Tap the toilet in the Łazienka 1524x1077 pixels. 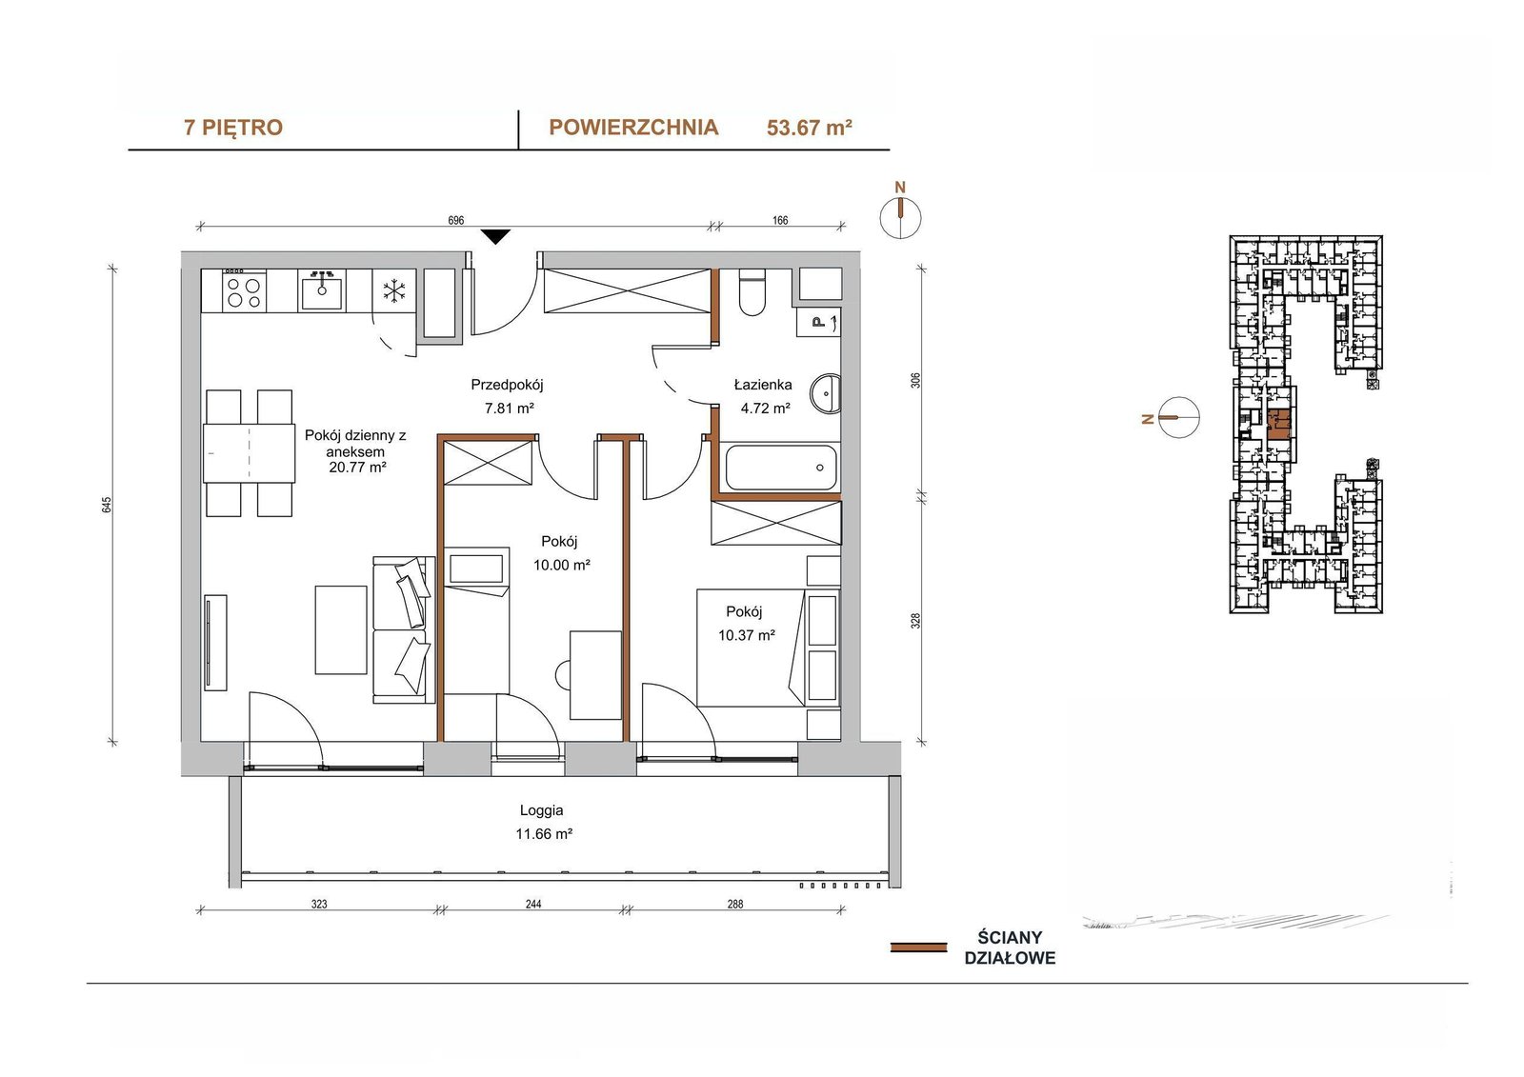tap(752, 293)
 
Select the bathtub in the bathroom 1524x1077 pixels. tap(780, 468)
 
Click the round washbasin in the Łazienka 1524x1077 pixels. tap(825, 393)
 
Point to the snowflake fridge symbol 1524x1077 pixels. tap(394, 291)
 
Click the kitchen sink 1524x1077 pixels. tap(322, 290)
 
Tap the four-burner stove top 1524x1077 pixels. tap(244, 292)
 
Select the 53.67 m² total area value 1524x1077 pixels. tap(810, 128)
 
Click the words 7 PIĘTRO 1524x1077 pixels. tap(233, 128)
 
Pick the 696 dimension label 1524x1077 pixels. tap(456, 220)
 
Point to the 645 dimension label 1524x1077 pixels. tap(107, 505)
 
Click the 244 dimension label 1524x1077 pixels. tap(533, 905)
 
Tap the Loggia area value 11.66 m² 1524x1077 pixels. tap(544, 834)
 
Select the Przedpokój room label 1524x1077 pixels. tap(507, 385)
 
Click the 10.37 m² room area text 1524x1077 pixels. tap(747, 635)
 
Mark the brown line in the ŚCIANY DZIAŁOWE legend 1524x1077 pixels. tap(918, 947)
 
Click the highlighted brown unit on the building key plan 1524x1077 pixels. tap(1279, 425)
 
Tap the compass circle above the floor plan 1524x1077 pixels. tap(900, 218)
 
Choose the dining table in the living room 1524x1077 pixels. tap(249, 453)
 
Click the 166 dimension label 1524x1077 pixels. tap(780, 220)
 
